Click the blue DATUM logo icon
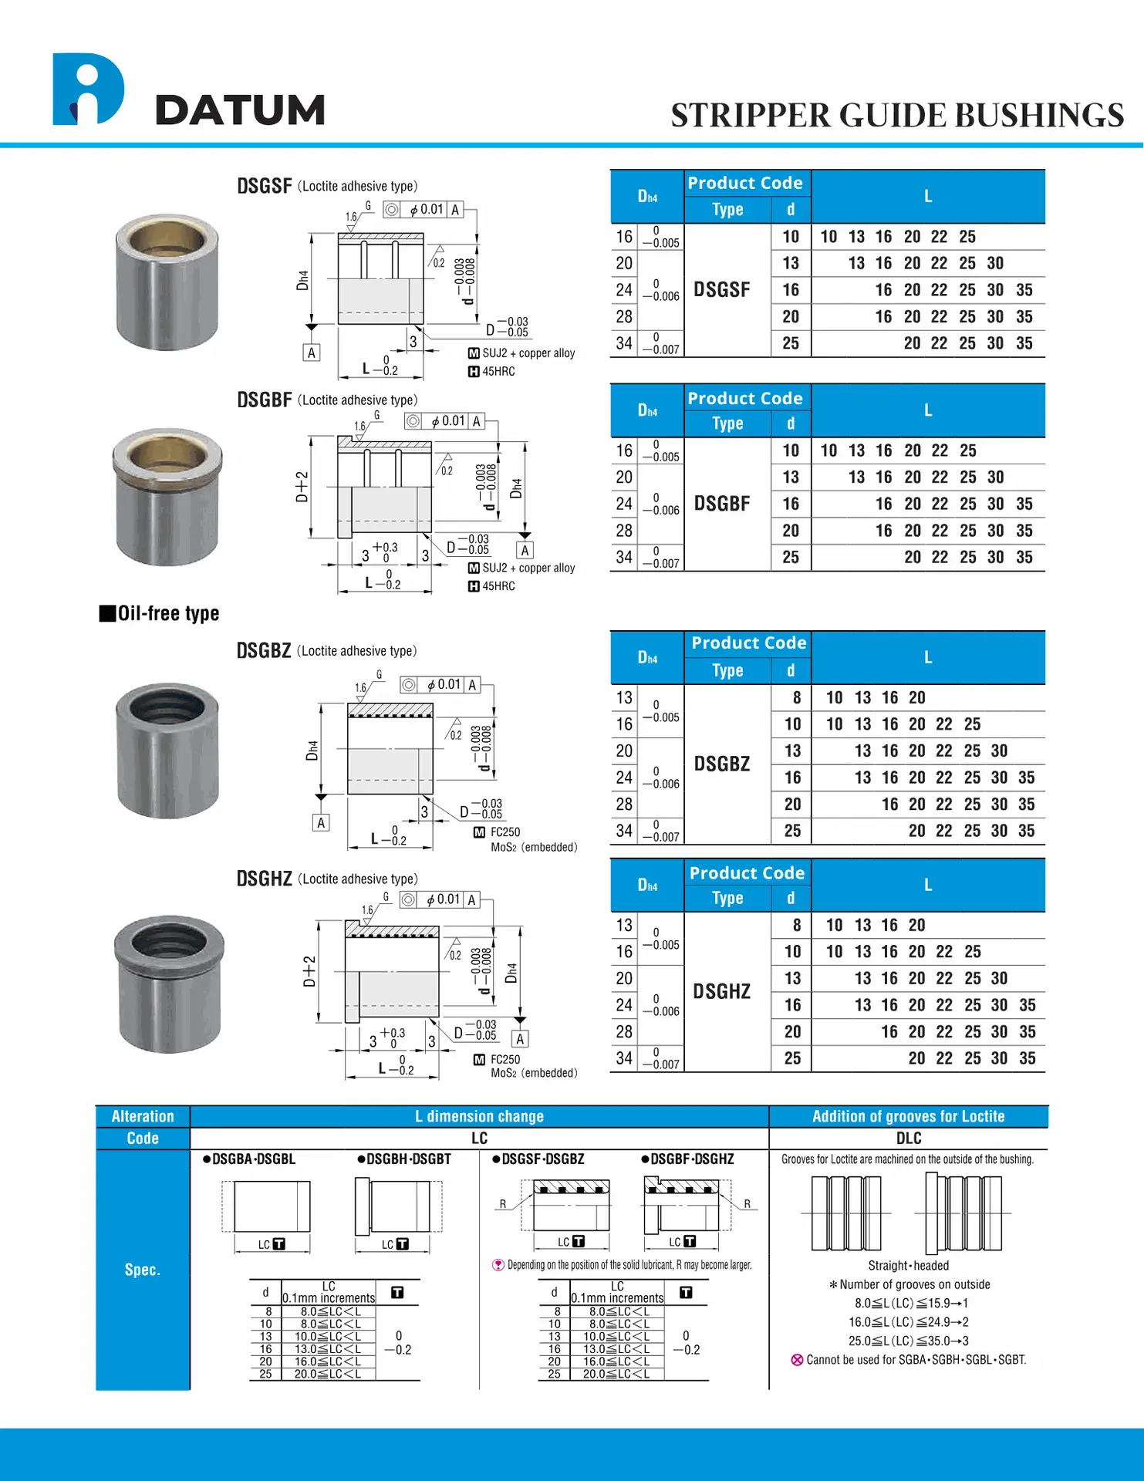[x=87, y=89]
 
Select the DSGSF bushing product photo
[x=167, y=282]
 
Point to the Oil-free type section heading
[x=160, y=613]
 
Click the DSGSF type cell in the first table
[x=721, y=290]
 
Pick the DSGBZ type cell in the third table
[x=721, y=764]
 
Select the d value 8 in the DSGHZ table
[x=796, y=925]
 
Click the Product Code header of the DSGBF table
[x=745, y=398]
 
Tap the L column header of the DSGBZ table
[x=928, y=657]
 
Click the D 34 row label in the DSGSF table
[x=624, y=343]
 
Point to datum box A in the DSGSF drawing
[x=311, y=353]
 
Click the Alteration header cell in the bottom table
[x=143, y=1116]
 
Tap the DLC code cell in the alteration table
[x=908, y=1139]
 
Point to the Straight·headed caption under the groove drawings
[x=908, y=1266]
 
